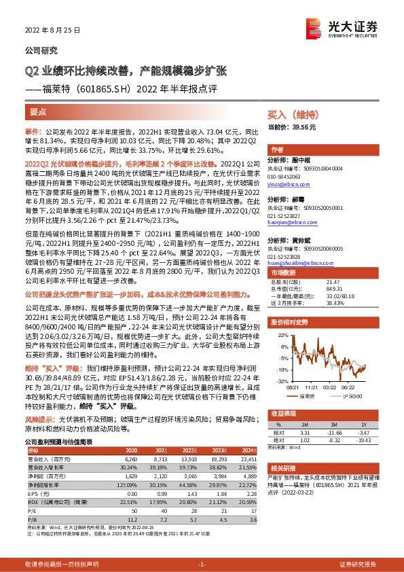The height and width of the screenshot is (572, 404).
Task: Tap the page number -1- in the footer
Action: [x=202, y=565]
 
